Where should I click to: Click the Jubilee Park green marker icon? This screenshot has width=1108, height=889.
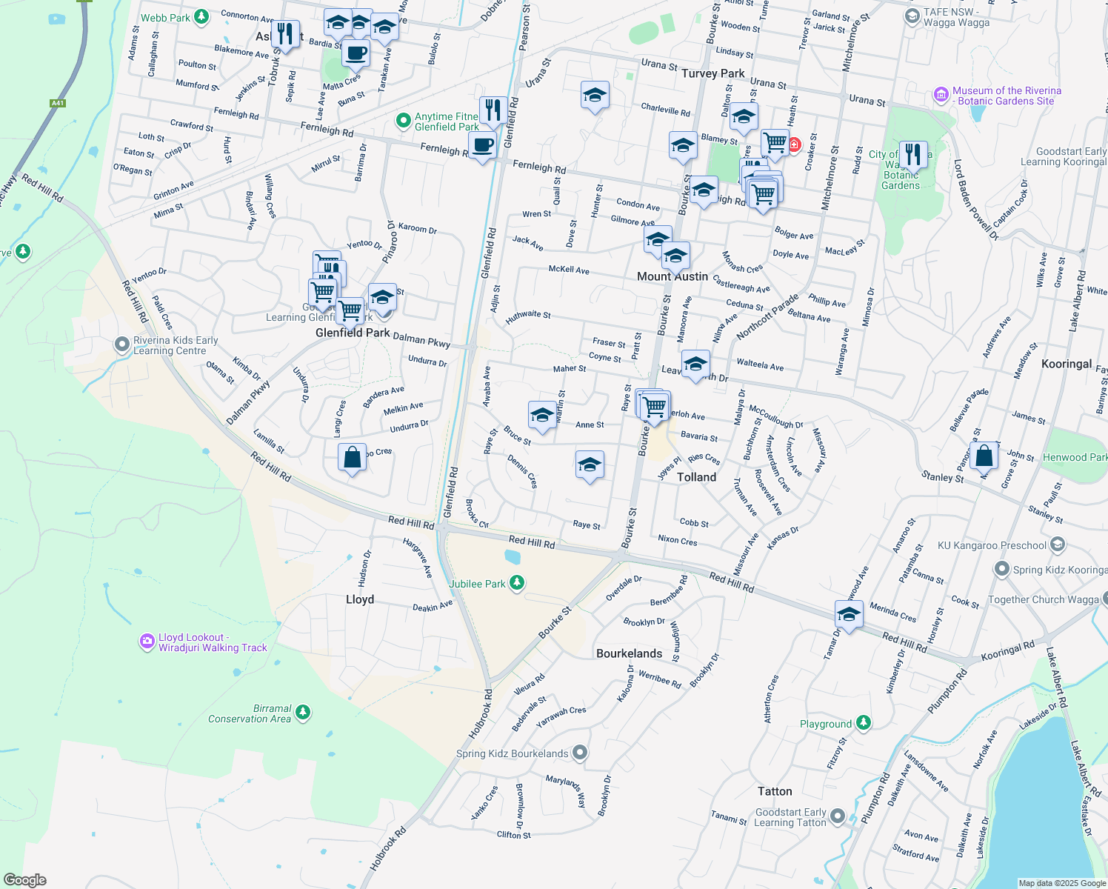(x=517, y=583)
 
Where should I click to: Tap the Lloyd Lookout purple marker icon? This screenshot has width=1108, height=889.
(x=147, y=642)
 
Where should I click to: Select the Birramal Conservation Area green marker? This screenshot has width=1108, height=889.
(x=302, y=713)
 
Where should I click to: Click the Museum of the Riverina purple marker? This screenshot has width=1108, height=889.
(x=941, y=95)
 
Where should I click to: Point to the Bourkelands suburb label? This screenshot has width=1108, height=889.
(x=629, y=653)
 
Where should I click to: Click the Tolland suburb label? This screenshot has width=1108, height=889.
(x=696, y=477)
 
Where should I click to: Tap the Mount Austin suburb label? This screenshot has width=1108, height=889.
(x=673, y=276)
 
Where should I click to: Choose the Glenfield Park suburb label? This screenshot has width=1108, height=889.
(x=353, y=333)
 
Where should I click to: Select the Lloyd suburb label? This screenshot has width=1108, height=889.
(x=360, y=599)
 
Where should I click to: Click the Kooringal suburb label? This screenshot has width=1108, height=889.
(x=1066, y=364)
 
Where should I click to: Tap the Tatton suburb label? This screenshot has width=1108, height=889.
(x=775, y=791)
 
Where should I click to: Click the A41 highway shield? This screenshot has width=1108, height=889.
(x=58, y=103)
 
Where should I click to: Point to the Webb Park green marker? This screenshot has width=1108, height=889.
(x=201, y=17)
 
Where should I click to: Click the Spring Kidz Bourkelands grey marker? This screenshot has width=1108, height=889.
(x=580, y=753)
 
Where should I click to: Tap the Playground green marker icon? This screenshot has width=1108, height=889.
(x=863, y=722)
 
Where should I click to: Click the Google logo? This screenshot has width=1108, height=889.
(x=24, y=880)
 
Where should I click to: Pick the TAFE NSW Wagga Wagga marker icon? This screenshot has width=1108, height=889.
(x=912, y=16)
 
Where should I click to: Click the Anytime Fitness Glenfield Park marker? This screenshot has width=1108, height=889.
(x=403, y=121)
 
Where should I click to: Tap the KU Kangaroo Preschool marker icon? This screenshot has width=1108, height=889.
(x=1058, y=545)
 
